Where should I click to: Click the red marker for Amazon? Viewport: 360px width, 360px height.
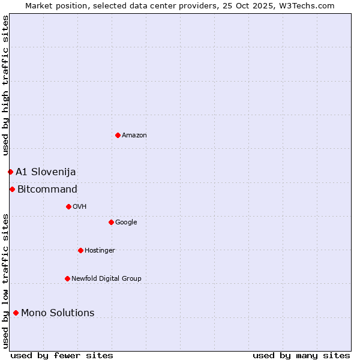[x=118, y=135]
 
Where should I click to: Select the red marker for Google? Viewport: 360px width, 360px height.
[x=111, y=222]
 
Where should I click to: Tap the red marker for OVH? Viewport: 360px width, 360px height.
[x=68, y=206]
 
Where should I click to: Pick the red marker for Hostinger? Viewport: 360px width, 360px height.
[x=80, y=250]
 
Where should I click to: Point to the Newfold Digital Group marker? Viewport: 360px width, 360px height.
[x=67, y=278]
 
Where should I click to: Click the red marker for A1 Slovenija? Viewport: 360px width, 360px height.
[x=10, y=172]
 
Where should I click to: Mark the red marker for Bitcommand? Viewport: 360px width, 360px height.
[x=12, y=190]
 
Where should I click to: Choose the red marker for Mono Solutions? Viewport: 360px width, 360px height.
[x=16, y=313]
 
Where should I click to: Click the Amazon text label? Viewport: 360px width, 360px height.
[x=134, y=136]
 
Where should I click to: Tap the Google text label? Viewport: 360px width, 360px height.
[x=126, y=223]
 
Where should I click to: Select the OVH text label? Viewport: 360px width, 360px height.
[x=80, y=207]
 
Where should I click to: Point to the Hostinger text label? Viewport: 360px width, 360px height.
[x=100, y=251]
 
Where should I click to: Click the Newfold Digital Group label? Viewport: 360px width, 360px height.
[x=106, y=279]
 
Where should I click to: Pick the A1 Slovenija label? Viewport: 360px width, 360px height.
[x=46, y=172]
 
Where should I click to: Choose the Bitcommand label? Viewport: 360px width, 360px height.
[x=47, y=190]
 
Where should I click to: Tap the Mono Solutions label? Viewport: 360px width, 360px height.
[x=58, y=313]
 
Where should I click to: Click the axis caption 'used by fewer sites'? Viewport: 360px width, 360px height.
[x=62, y=355]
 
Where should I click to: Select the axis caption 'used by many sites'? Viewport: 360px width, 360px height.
[x=301, y=355]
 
